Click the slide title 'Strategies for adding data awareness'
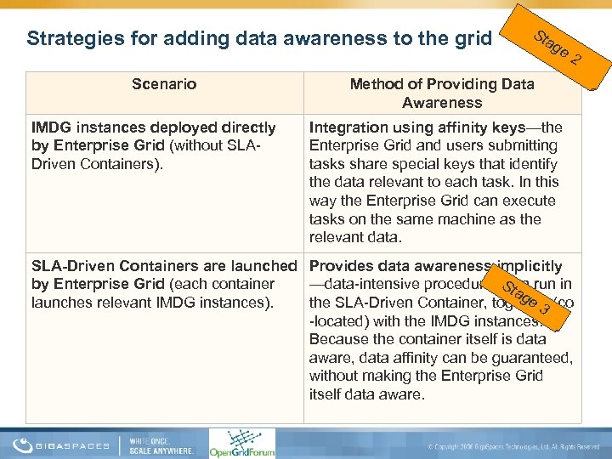pos(259,38)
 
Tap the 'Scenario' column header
pos(164,84)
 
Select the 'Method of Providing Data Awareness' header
pos(442,93)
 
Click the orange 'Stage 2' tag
pos(558,48)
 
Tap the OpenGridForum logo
pos(242,443)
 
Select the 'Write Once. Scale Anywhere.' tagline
pos(161,444)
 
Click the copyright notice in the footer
pos(515,446)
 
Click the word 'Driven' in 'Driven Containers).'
pos(53,164)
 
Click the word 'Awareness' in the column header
pos(442,103)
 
